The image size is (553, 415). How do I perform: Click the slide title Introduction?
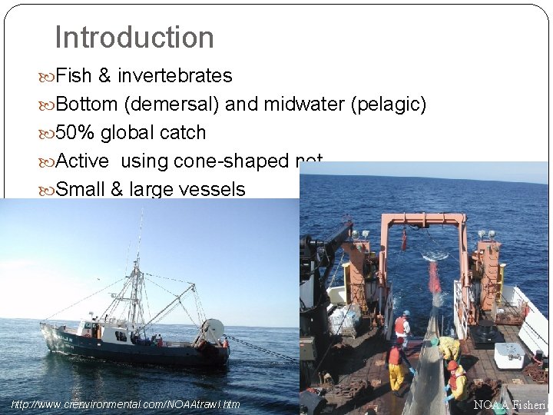[x=134, y=37]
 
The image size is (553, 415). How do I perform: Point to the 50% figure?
[x=75, y=132]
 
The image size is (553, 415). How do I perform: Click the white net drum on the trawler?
[x=213, y=330]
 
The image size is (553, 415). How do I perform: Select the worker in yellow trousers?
[x=396, y=369]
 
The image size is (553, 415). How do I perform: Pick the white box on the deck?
[x=509, y=355]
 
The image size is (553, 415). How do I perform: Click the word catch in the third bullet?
[x=184, y=132]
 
